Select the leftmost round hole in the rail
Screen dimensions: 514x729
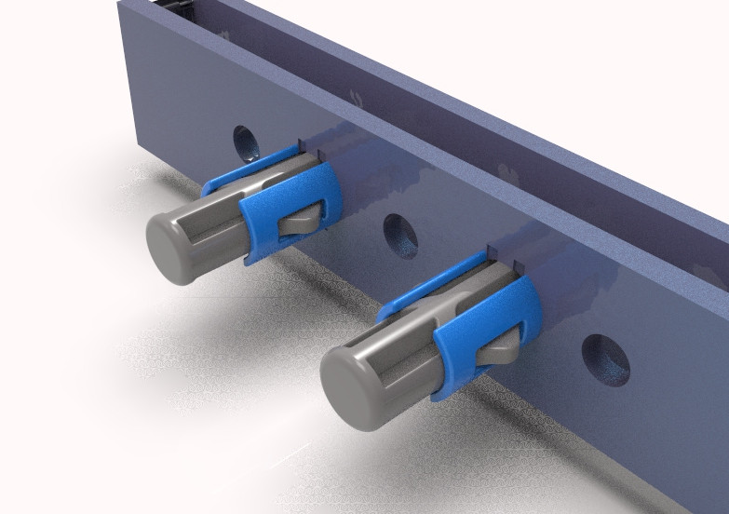246,142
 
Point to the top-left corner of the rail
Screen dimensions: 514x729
120,4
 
